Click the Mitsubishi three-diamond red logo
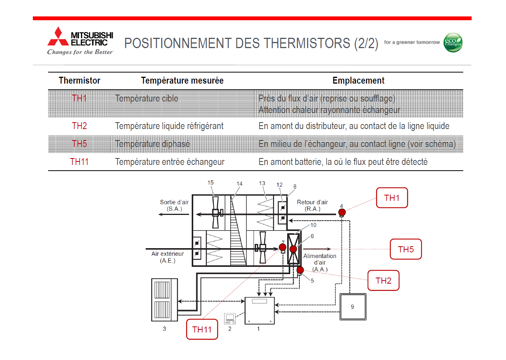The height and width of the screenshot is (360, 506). [x=58, y=37]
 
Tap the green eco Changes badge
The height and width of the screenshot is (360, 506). [x=453, y=42]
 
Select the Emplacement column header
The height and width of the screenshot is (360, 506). [x=358, y=81]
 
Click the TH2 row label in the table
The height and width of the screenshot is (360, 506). [x=79, y=126]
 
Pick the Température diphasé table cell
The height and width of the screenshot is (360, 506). [x=152, y=144]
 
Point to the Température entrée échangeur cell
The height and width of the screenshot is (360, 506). [x=170, y=162]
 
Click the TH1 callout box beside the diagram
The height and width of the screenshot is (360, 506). [x=392, y=198]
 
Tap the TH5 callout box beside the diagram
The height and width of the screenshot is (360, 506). [x=406, y=249]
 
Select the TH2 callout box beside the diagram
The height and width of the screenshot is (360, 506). [x=383, y=281]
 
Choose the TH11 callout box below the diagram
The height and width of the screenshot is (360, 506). [x=202, y=329]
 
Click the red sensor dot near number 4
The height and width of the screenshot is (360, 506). [x=342, y=212]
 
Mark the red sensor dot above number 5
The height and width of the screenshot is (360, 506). [x=300, y=270]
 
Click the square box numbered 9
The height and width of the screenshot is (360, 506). [x=352, y=307]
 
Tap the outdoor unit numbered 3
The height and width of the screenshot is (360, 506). [x=165, y=299]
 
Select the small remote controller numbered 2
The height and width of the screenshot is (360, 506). [x=230, y=318]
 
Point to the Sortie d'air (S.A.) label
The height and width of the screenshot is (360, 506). [x=174, y=205]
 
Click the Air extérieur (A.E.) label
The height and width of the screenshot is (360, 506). [x=167, y=257]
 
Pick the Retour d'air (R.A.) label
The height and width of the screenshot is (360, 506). [x=312, y=205]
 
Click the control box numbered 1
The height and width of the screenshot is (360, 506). [x=259, y=310]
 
